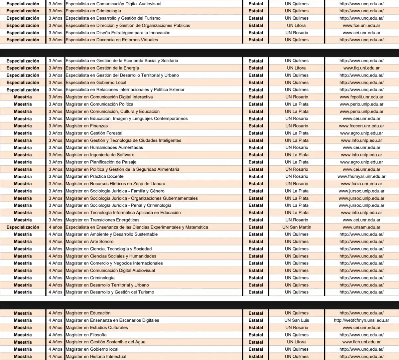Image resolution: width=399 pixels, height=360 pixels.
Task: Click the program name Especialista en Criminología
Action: (x=93, y=11)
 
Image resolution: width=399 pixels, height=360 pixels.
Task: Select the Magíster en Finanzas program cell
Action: (x=86, y=126)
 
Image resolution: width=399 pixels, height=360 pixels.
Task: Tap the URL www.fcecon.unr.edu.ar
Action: (x=361, y=126)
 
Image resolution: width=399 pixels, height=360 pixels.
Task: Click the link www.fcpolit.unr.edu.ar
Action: (x=361, y=97)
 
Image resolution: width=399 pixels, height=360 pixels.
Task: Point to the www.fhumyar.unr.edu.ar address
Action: (x=361, y=177)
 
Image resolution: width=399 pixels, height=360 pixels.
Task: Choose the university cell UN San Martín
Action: (x=297, y=227)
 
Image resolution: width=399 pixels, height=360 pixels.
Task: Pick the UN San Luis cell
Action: (x=297, y=320)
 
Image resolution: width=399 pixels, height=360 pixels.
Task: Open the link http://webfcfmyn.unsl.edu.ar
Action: (x=361, y=320)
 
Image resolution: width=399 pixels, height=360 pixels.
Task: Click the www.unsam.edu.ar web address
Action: (x=361, y=227)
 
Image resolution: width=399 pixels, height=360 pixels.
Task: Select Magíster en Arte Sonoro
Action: (x=89, y=242)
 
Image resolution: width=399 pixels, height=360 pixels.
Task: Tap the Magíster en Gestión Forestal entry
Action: (x=94, y=133)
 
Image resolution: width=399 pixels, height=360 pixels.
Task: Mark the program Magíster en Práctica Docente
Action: (x=94, y=176)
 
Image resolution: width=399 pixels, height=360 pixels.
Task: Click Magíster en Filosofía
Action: (x=86, y=335)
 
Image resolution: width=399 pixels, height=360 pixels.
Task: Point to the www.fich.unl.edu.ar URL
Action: (x=361, y=342)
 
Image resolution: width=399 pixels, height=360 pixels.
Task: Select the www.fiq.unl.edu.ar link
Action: (x=361, y=68)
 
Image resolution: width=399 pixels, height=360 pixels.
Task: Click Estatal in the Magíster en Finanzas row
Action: (x=255, y=126)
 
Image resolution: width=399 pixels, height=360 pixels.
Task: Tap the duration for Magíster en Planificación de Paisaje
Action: (x=55, y=162)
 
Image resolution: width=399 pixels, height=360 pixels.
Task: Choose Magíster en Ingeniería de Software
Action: (x=100, y=155)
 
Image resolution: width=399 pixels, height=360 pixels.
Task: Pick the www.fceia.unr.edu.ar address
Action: (x=361, y=184)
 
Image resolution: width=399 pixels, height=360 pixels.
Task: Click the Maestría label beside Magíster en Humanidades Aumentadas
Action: (x=23, y=148)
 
